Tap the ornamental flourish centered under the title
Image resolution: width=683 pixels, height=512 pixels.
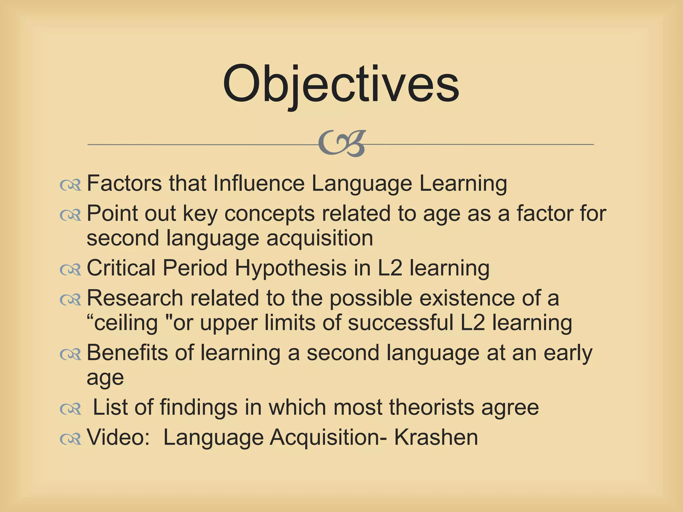(342, 144)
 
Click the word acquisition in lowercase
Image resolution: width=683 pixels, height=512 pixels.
(320, 238)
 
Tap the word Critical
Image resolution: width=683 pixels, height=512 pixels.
(121, 268)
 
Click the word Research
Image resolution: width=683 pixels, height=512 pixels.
(135, 298)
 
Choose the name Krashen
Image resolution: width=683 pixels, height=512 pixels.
(436, 437)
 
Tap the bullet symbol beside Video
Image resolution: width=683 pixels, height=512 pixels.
(70, 439)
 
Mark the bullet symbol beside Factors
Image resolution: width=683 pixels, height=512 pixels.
(70, 185)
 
